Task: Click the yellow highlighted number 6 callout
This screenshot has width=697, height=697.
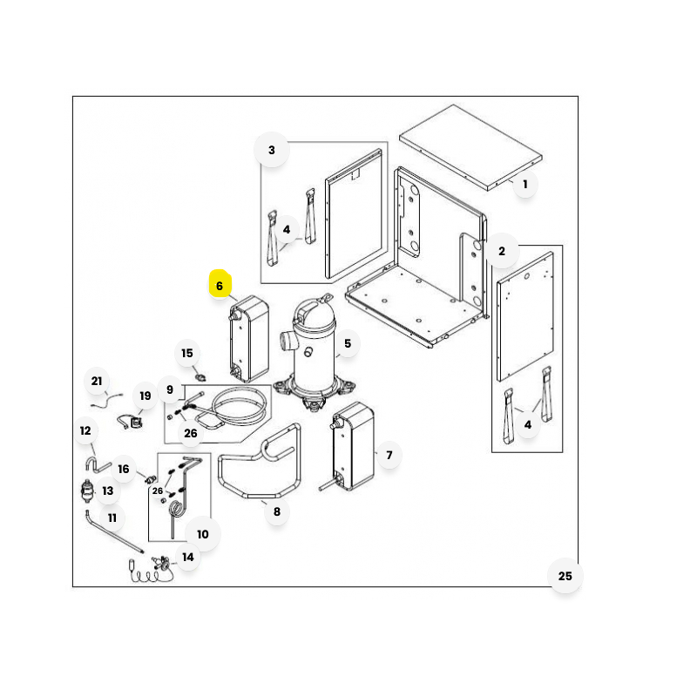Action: [x=220, y=285]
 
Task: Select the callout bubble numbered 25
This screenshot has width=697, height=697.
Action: [x=565, y=576]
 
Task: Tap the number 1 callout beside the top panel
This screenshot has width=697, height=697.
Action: [x=525, y=184]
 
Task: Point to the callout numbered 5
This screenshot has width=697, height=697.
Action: [x=347, y=343]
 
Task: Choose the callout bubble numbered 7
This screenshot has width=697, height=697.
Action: [x=389, y=455]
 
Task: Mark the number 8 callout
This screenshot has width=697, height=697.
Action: [x=277, y=511]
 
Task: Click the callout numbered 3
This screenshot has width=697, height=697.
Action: [x=272, y=150]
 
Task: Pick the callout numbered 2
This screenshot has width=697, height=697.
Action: [x=502, y=251]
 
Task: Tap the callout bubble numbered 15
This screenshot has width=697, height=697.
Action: [x=187, y=354]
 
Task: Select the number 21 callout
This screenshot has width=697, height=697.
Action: [x=97, y=381]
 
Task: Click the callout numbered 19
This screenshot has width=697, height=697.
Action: [x=145, y=396]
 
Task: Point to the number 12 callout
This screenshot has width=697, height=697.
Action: [x=85, y=430]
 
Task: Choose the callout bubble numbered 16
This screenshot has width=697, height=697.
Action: [x=124, y=469]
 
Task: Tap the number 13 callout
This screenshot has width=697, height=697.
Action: [x=108, y=491]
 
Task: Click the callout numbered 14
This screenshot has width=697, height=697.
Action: [x=188, y=557]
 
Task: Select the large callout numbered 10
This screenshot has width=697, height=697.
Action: [x=203, y=534]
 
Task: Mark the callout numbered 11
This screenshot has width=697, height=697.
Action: [x=112, y=518]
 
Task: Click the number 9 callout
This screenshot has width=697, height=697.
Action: [x=170, y=389]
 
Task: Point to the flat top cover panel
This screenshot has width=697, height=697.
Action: [x=470, y=147]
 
